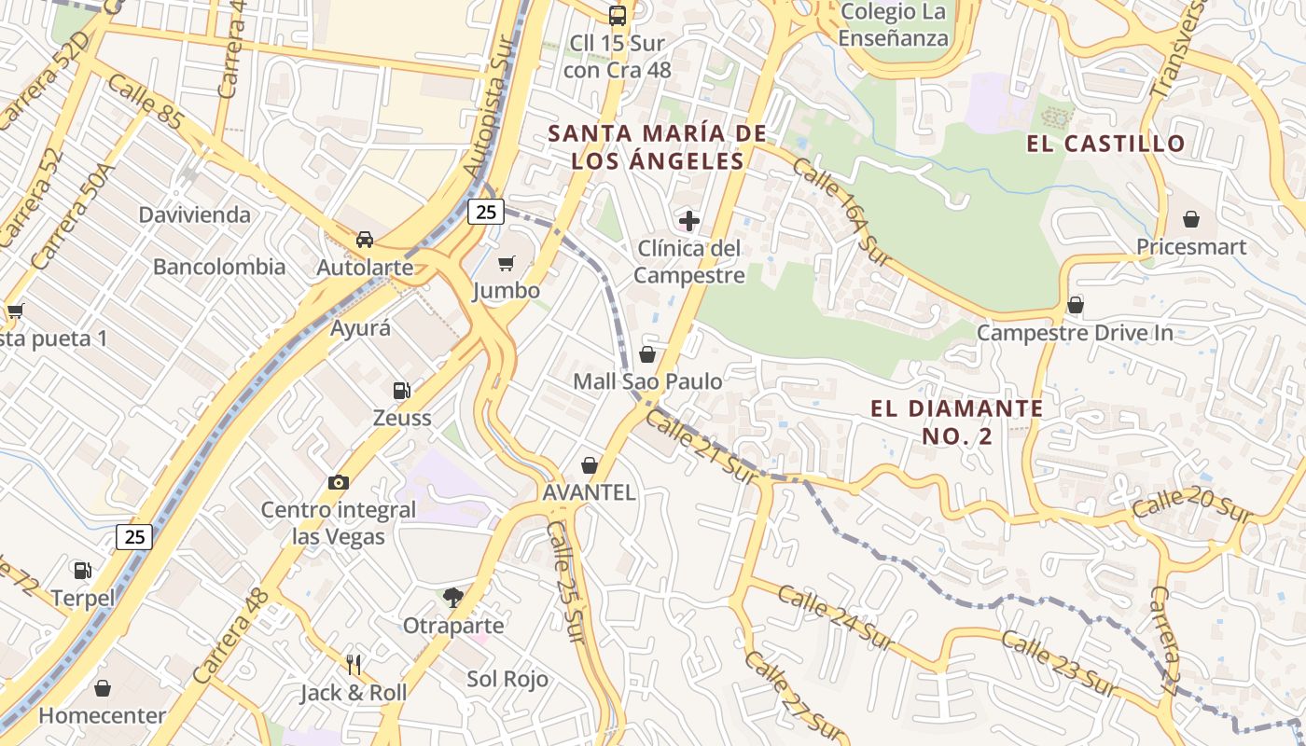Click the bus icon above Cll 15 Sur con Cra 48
pyautogui.click(x=617, y=15)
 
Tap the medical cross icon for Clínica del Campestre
pyautogui.click(x=689, y=221)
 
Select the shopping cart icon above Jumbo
pyautogui.click(x=507, y=264)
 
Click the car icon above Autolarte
pyautogui.click(x=365, y=240)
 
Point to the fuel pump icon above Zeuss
pyautogui.click(x=402, y=390)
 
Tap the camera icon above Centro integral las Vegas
pyautogui.click(x=339, y=482)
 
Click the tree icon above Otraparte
pyautogui.click(x=453, y=597)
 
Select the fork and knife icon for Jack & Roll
pyautogui.click(x=354, y=664)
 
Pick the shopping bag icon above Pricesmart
pyautogui.click(x=1191, y=219)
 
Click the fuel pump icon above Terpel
pyautogui.click(x=83, y=570)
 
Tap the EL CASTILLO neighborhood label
pyautogui.click(x=1105, y=144)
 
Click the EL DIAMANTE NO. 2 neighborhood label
pyautogui.click(x=957, y=421)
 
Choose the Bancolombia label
pyautogui.click(x=219, y=267)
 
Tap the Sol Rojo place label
pyautogui.click(x=507, y=679)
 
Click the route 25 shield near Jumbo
pyautogui.click(x=485, y=212)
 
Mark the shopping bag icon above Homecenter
pyautogui.click(x=103, y=688)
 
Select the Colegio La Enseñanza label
pyautogui.click(x=893, y=25)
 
